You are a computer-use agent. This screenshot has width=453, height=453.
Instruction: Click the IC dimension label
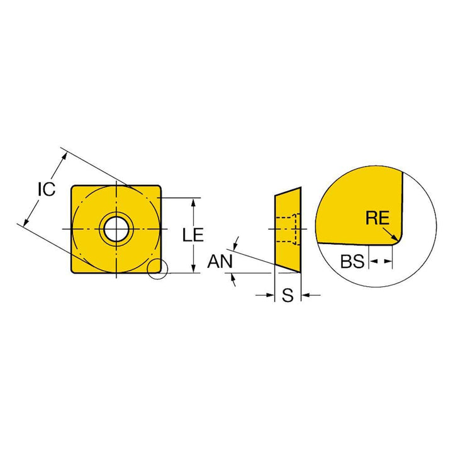tap(47, 189)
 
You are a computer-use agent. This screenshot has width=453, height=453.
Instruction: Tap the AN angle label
tap(220, 261)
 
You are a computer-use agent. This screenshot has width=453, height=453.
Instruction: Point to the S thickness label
tap(288, 295)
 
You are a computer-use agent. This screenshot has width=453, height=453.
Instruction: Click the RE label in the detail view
tap(377, 218)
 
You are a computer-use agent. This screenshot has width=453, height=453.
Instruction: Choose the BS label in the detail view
tap(352, 261)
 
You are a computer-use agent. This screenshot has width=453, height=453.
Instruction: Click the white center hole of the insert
tap(116, 229)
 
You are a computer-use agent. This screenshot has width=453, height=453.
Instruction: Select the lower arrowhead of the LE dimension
tap(194, 268)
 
